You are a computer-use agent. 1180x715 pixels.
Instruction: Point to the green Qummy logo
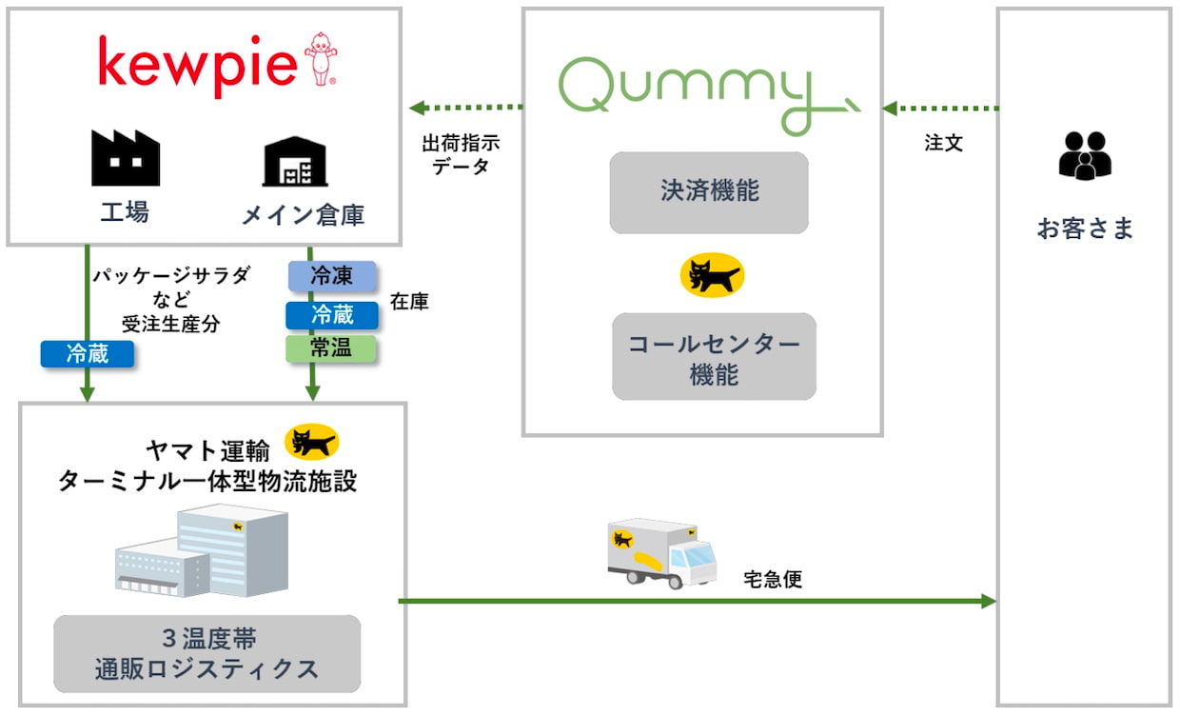704,95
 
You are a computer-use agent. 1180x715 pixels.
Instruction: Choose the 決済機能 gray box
709,191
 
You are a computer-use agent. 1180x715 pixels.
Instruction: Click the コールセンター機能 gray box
714,357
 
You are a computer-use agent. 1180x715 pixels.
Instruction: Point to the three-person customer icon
1084,155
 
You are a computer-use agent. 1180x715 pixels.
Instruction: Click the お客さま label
1085,229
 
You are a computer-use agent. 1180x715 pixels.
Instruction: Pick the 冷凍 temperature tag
332,276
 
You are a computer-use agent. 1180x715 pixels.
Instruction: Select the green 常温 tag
331,348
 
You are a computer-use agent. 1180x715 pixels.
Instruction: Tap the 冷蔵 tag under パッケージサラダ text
87,354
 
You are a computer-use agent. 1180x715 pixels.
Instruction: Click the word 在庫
409,302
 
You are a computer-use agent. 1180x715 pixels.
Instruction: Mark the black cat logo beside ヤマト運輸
312,442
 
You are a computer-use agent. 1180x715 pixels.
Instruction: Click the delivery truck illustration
662,552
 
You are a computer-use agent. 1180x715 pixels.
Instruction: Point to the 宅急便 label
773,579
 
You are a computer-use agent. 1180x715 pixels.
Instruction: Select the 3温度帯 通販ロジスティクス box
206,653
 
